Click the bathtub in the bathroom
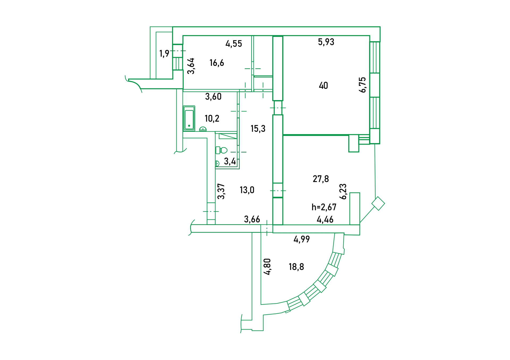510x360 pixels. (189, 118)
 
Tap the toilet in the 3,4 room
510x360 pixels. (222, 150)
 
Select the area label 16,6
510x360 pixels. (217, 63)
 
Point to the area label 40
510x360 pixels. (323, 86)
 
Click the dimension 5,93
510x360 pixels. (326, 42)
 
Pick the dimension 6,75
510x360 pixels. (362, 85)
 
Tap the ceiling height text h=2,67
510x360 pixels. (324, 207)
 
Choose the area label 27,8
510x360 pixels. (321, 179)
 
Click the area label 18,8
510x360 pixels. (296, 267)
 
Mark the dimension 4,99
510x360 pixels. (301, 239)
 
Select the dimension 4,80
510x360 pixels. (267, 266)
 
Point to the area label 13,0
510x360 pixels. (247, 190)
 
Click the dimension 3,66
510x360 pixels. (252, 219)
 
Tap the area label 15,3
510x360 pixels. (258, 129)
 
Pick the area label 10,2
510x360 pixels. (212, 118)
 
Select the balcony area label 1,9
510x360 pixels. (164, 54)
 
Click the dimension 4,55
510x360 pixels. (234, 44)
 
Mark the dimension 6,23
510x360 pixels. (343, 191)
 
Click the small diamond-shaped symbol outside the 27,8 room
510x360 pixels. (378, 204)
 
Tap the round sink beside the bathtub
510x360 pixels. (203, 129)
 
